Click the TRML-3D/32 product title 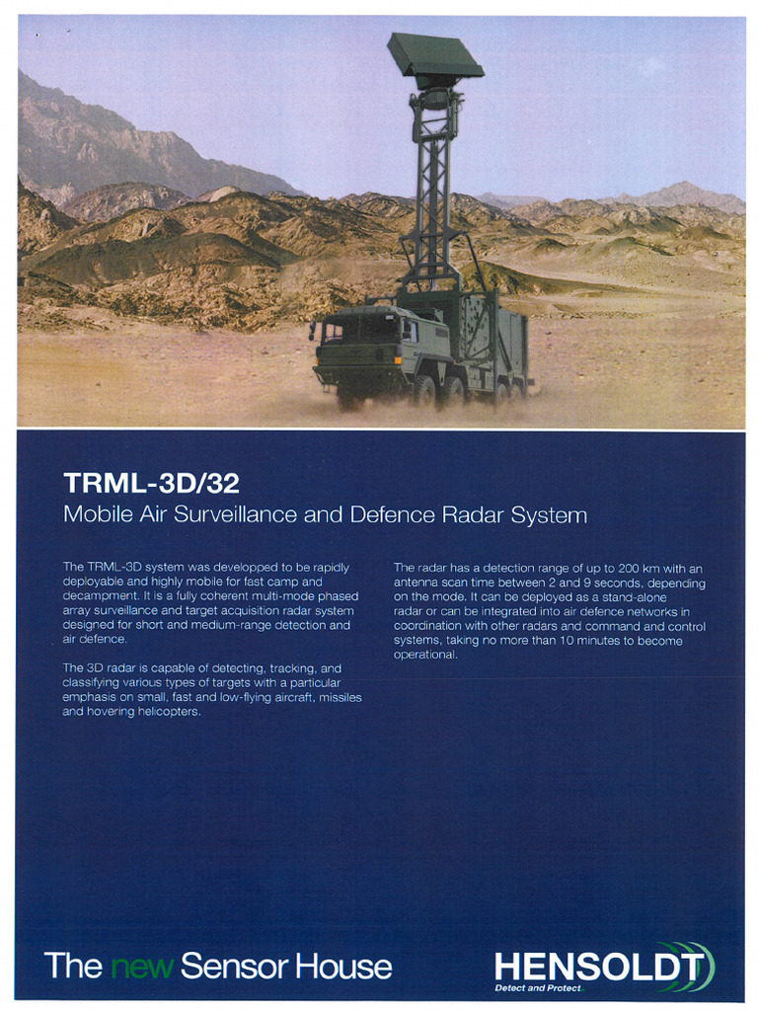coord(151,483)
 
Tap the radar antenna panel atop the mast coord(433,57)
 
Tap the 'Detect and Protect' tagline coord(538,987)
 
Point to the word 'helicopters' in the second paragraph coord(168,712)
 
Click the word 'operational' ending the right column coord(425,656)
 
